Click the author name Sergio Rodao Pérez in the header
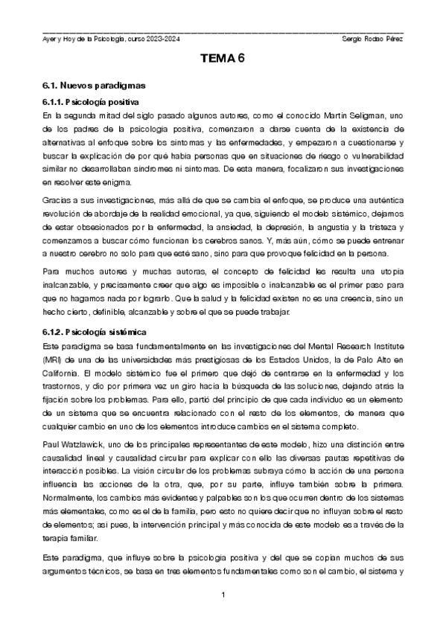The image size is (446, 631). point(372,39)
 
